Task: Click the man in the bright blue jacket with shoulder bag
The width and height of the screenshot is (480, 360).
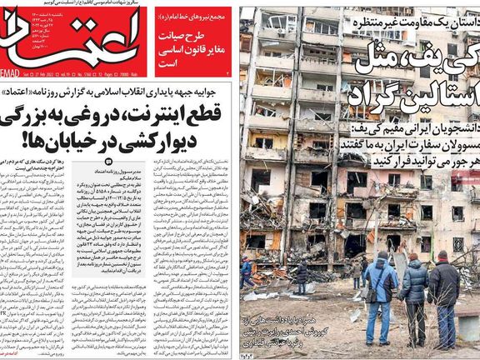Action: coord(379,296)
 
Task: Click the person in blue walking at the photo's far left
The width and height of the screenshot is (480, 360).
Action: coord(247,272)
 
